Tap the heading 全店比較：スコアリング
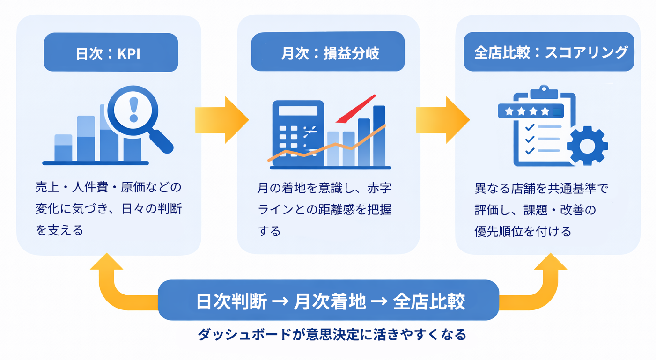point(549,52)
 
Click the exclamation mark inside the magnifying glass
point(134,110)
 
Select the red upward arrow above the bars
point(358,109)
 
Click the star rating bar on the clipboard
point(531,111)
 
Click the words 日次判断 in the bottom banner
point(231,301)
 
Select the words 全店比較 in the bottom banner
point(429,301)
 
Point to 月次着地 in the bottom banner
point(329,301)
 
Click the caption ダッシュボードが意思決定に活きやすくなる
point(332,335)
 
